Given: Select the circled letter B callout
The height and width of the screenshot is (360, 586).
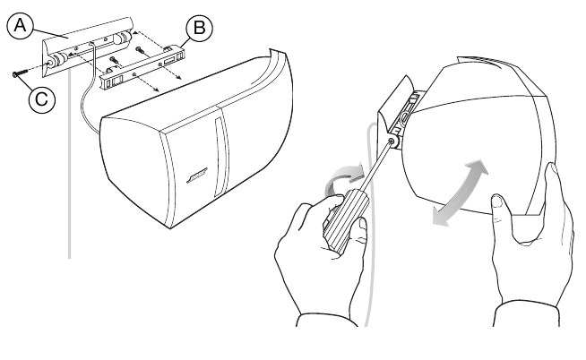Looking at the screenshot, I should tap(200, 29).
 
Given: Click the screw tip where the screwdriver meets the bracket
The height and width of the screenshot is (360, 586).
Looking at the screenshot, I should tap(394, 141).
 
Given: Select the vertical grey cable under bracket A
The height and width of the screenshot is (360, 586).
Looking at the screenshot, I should tap(70, 179).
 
